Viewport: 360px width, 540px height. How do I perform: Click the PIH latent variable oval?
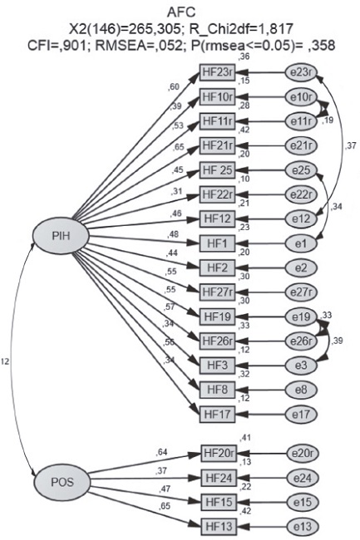pyautogui.click(x=54, y=236)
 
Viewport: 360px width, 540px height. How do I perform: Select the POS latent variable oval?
pyautogui.click(x=54, y=482)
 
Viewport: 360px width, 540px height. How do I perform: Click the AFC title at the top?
pyautogui.click(x=179, y=9)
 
